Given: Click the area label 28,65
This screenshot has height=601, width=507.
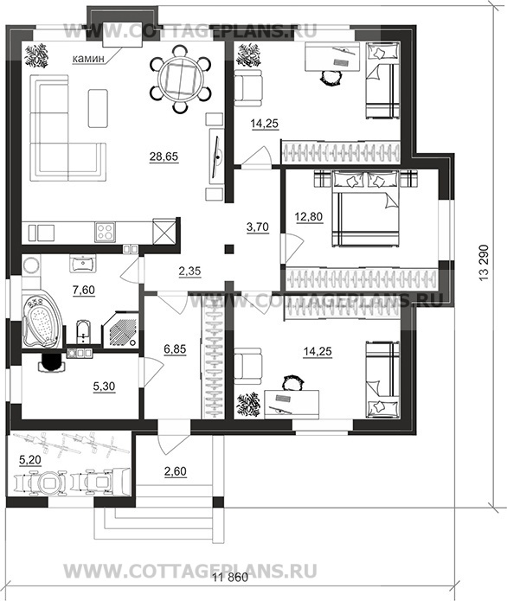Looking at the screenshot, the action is [164, 157].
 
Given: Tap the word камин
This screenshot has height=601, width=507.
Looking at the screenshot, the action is [88, 59].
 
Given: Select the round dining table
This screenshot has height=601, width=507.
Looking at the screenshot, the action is [180, 80].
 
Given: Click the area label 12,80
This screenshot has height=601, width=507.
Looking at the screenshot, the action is [308, 217].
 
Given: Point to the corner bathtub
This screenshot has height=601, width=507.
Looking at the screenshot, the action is [41, 321].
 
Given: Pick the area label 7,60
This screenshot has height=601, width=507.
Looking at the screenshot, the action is [84, 291].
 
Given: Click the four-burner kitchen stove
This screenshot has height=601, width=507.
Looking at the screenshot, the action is [105, 232].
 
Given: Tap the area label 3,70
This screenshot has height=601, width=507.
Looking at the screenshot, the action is [257, 227].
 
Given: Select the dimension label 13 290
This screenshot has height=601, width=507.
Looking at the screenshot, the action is [484, 263].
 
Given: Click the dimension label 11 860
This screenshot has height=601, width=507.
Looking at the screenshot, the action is [230, 578].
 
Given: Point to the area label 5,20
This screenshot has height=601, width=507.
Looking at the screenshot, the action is [30, 459].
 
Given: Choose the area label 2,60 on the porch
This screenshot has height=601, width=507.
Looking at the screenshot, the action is [176, 471].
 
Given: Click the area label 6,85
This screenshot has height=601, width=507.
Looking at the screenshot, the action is [175, 349].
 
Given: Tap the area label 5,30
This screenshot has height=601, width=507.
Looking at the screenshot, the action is [104, 387].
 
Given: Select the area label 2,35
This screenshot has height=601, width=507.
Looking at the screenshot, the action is [189, 272].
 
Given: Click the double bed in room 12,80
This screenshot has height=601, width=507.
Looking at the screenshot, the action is [366, 208].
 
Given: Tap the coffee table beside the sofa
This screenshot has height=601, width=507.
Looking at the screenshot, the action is [98, 108].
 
